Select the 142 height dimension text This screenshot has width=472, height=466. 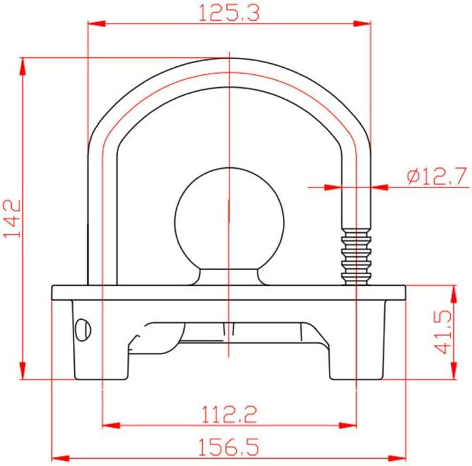12,219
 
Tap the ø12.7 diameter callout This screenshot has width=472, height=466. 437,176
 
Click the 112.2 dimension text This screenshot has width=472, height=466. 229,415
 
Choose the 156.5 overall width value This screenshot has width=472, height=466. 229,447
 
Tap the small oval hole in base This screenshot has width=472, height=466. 83,329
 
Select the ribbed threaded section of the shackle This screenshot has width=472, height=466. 356,256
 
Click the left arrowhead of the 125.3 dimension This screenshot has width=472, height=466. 96,23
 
